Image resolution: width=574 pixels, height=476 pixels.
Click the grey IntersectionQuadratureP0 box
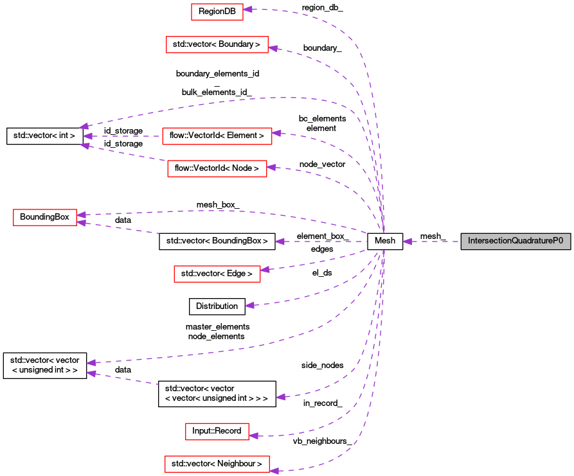click(516, 242)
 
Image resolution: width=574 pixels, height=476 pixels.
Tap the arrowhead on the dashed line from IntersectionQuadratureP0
click(408, 242)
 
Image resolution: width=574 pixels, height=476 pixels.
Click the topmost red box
click(217, 12)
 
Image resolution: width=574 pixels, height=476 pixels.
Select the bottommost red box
click(217, 464)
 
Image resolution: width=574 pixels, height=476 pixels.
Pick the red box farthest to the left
click(45, 217)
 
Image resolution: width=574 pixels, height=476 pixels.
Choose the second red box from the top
click(217, 44)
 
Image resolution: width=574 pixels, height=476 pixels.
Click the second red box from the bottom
click(217, 431)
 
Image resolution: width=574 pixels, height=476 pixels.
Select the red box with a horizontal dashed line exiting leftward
click(217, 136)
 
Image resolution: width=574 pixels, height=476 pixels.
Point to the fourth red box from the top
click(217, 168)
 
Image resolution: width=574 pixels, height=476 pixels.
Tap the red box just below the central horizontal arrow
click(217, 274)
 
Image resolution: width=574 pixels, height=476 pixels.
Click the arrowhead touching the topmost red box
click(247, 10)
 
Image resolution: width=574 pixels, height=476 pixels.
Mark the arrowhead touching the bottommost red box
click(274, 471)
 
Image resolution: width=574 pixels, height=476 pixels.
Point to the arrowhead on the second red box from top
click(273, 48)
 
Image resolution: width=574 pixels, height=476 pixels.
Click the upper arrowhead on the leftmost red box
click(81, 215)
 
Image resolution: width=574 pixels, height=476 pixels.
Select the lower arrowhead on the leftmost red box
click(81, 223)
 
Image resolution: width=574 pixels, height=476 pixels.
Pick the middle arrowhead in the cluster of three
click(87, 136)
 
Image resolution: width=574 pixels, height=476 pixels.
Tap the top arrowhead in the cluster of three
click(84, 127)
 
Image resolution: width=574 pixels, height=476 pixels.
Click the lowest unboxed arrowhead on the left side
click(91, 373)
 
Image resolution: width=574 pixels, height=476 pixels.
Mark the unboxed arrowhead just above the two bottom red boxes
click(281, 397)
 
